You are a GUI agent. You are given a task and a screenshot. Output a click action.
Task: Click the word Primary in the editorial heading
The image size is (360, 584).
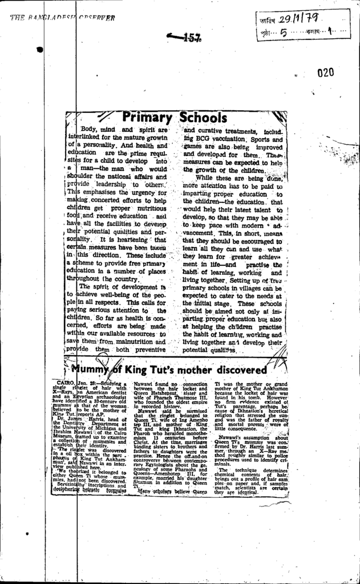147,118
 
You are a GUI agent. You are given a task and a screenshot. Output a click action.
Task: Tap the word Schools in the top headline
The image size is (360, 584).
203,118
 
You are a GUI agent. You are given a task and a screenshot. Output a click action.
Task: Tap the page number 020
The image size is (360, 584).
326,72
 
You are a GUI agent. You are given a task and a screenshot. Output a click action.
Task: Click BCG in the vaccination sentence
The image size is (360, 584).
203,139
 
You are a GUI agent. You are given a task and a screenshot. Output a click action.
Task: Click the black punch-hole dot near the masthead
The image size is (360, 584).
39,50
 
